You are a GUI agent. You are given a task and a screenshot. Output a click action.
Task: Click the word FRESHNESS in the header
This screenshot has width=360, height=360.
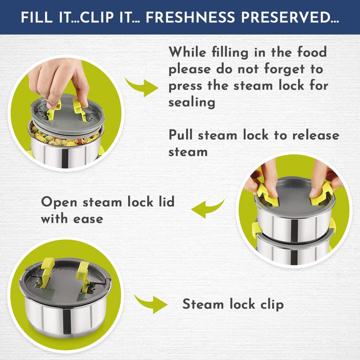coord(190,17)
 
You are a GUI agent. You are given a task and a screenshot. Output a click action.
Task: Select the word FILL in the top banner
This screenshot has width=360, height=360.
coord(37,17)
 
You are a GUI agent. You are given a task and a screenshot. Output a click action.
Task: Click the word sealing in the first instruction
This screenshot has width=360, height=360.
coord(192,102)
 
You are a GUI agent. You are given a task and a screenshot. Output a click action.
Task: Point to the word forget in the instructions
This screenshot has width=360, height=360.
coord(284,69)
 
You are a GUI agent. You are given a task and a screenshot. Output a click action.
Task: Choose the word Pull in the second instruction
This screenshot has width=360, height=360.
coord(181,135)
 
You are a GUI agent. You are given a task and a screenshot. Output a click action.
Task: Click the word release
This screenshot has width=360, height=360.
coord(316,135)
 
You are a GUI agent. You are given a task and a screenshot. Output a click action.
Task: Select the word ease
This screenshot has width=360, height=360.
coord(88,219)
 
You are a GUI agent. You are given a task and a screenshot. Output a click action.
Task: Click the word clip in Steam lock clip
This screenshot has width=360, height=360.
coord(272,304)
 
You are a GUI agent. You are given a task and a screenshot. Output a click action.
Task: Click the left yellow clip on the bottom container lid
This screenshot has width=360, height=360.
coord(47,272)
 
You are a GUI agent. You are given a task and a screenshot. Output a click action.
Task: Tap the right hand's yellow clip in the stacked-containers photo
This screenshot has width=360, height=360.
coord(321,194)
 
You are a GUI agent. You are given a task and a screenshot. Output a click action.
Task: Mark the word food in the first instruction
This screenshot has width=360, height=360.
coord(312,52)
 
